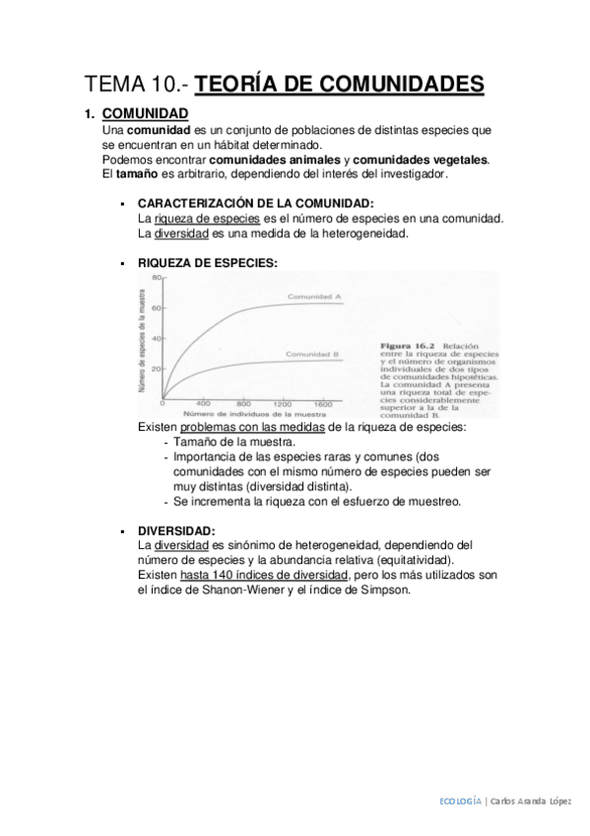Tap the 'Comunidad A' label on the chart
click(x=314, y=297)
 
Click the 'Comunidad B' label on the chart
click(x=313, y=354)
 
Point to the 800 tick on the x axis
click(x=244, y=404)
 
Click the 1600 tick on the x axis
click(x=322, y=404)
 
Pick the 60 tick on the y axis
click(x=155, y=309)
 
